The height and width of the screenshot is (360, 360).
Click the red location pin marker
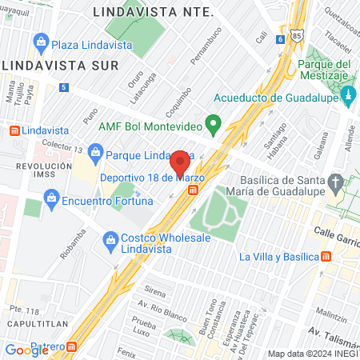click(180, 164)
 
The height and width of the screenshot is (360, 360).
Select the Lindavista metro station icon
click(14, 130)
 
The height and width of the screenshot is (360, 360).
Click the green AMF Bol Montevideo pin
click(213, 124)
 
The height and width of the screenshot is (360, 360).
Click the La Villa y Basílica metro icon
click(326, 257)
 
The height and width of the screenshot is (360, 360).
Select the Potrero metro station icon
click(73, 347)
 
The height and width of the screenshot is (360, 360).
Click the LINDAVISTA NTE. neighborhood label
click(153, 12)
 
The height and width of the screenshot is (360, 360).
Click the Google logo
click(26, 349)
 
